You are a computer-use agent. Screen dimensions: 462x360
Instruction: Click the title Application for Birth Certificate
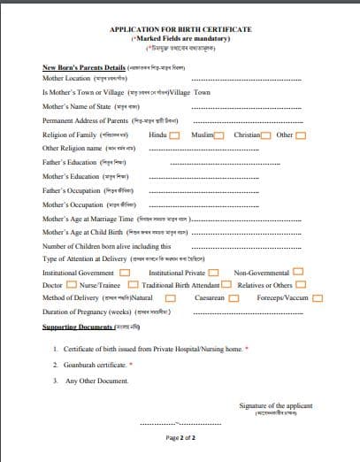coord(180,29)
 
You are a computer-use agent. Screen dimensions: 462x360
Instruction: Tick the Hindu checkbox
coord(174,135)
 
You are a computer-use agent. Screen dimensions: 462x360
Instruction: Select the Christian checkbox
coord(265,135)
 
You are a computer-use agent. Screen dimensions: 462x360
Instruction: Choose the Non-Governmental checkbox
coord(298,273)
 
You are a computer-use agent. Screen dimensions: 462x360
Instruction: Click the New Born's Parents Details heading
coord(84,67)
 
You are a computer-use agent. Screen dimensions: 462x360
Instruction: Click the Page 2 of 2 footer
coord(180,438)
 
